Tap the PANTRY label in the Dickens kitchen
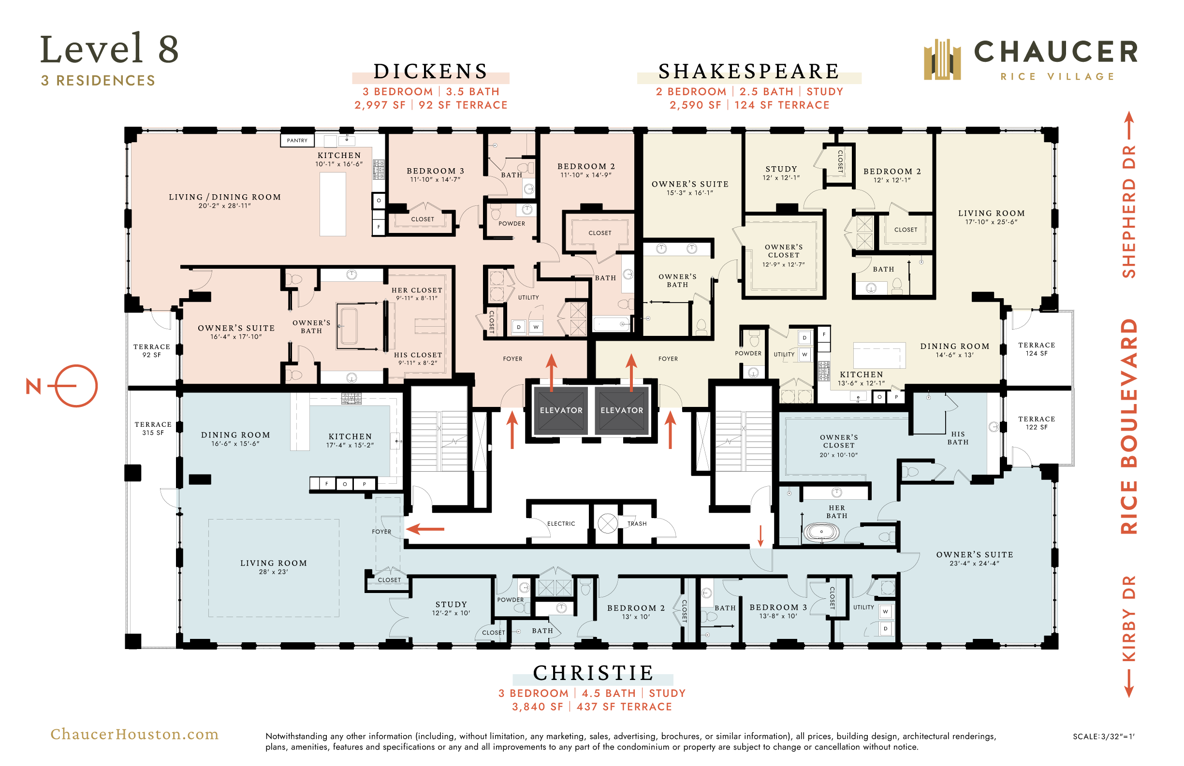click(297, 140)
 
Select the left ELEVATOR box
click(561, 410)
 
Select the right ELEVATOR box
click(622, 410)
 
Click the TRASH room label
click(637, 524)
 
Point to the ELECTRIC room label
click(561, 524)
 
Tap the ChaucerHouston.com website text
click(134, 734)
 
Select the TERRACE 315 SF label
click(153, 429)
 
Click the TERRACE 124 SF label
click(1037, 349)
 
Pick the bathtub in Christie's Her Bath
click(821, 532)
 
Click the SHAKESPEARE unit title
click(749, 72)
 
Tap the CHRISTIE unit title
click(593, 673)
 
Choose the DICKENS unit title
click(431, 72)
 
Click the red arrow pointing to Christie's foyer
click(425, 529)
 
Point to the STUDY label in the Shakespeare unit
click(782, 169)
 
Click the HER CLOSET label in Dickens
click(417, 290)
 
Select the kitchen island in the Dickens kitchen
click(333, 204)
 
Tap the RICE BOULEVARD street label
click(1129, 427)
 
